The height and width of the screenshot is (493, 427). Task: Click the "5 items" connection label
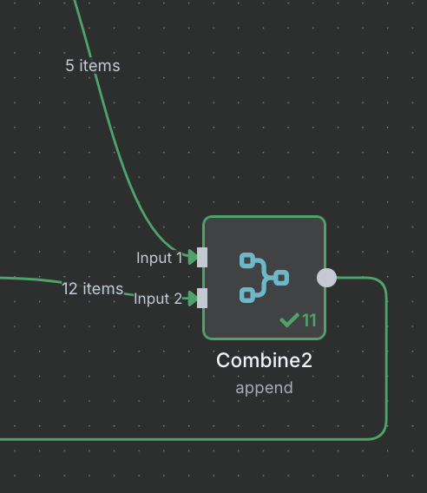pyautogui.click(x=93, y=66)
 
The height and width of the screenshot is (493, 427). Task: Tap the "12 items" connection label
pyautogui.click(x=93, y=289)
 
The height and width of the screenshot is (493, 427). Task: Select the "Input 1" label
pyautogui.click(x=160, y=258)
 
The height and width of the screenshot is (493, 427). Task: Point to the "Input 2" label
pyautogui.click(x=158, y=299)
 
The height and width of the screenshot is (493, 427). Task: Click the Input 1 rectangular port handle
pyautogui.click(x=202, y=257)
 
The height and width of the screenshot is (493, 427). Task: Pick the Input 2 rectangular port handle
pyautogui.click(x=202, y=298)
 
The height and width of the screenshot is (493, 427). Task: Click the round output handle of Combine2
pyautogui.click(x=326, y=278)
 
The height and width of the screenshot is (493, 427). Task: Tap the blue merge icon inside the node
pyautogui.click(x=264, y=278)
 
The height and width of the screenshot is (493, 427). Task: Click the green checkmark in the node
pyautogui.click(x=289, y=320)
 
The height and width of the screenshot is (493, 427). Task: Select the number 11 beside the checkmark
pyautogui.click(x=309, y=320)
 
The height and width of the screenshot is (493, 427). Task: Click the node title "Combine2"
pyautogui.click(x=264, y=360)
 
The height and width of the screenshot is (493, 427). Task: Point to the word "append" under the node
pyautogui.click(x=264, y=388)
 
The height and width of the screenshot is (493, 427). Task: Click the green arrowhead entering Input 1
pyautogui.click(x=193, y=257)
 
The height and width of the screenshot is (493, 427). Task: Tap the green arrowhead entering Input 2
pyautogui.click(x=193, y=298)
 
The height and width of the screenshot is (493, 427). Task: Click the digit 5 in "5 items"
pyautogui.click(x=69, y=66)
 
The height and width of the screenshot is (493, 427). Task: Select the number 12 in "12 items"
pyautogui.click(x=69, y=289)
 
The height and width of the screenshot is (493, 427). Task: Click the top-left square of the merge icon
pyautogui.click(x=247, y=260)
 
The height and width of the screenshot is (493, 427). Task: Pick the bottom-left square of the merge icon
pyautogui.click(x=247, y=295)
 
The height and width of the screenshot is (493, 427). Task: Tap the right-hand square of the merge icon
pyautogui.click(x=281, y=278)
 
